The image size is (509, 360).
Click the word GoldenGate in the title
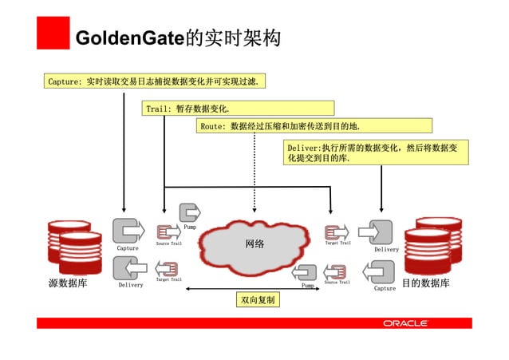point(128,38)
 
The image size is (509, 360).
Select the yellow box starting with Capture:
point(156,81)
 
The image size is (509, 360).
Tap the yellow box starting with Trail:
point(239,108)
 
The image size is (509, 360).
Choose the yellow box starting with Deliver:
point(376,152)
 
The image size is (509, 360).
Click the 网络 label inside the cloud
point(254,243)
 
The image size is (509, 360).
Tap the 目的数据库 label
point(425,284)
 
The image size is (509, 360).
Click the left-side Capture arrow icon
point(127,231)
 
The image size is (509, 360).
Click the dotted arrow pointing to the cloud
point(254,176)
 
